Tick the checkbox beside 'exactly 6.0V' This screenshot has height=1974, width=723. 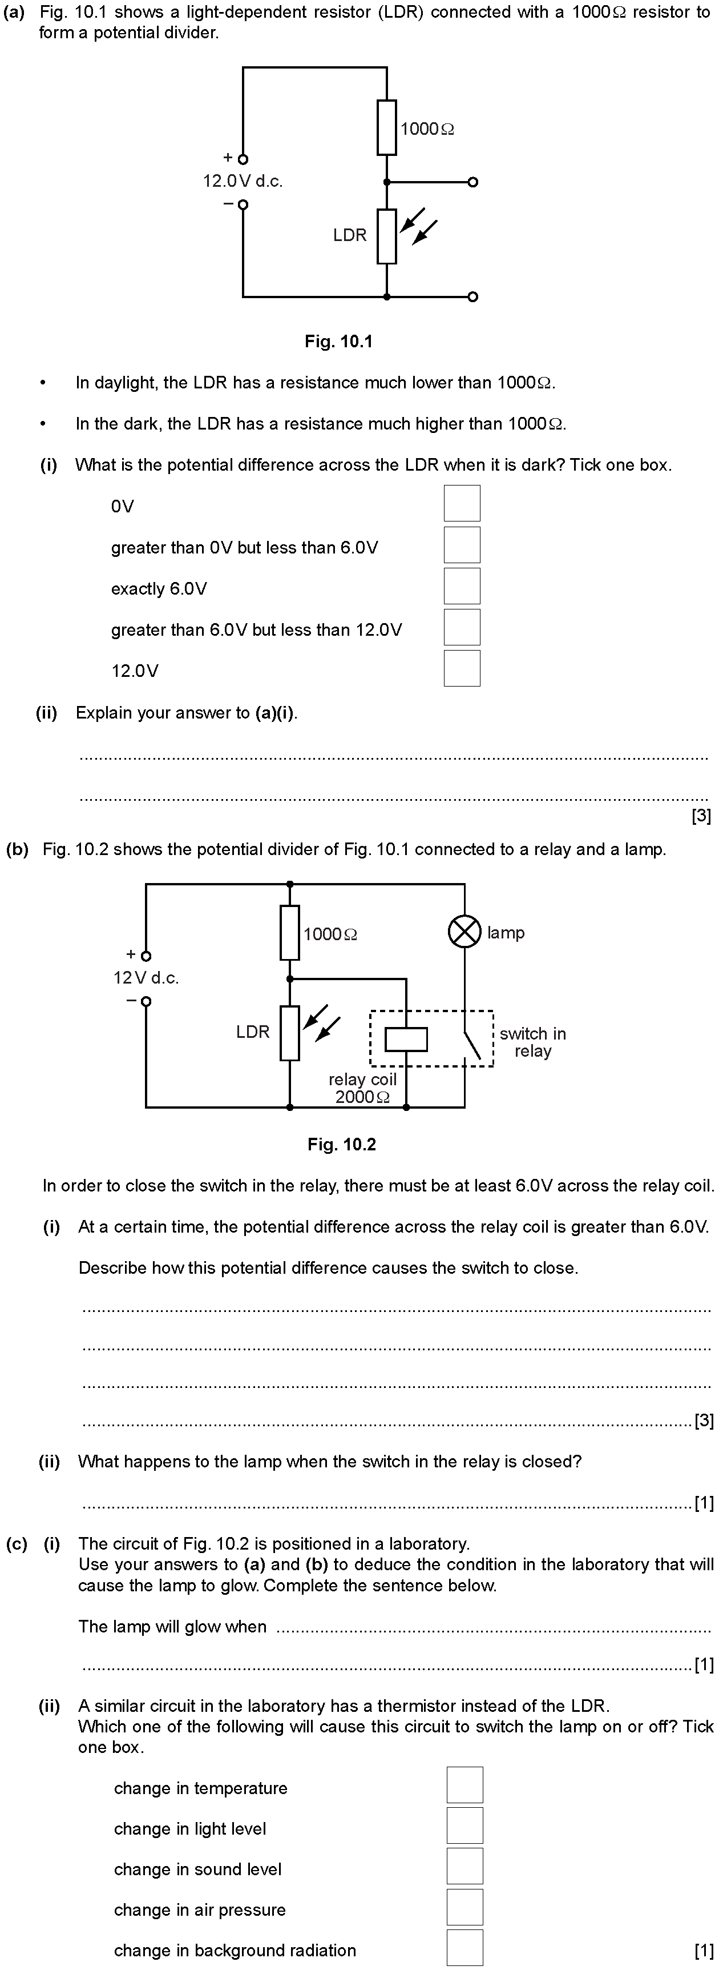click(x=462, y=586)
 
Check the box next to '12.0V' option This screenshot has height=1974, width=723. click(x=462, y=668)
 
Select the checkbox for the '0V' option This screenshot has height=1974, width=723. click(x=462, y=503)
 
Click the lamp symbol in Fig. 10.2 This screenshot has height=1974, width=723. click(x=464, y=931)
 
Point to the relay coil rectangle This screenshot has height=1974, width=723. click(x=406, y=1039)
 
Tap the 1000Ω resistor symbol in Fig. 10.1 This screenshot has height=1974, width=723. click(x=387, y=127)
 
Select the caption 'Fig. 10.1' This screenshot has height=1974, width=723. click(x=338, y=342)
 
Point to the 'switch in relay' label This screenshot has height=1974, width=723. click(x=533, y=1042)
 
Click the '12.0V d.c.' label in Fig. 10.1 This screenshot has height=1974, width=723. click(x=243, y=182)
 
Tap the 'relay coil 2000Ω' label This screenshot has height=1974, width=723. click(x=362, y=1088)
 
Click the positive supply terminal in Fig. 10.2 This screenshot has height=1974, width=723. click(x=146, y=956)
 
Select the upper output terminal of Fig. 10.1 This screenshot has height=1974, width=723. click(x=472, y=182)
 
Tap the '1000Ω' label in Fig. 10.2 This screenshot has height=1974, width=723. click(x=330, y=934)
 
